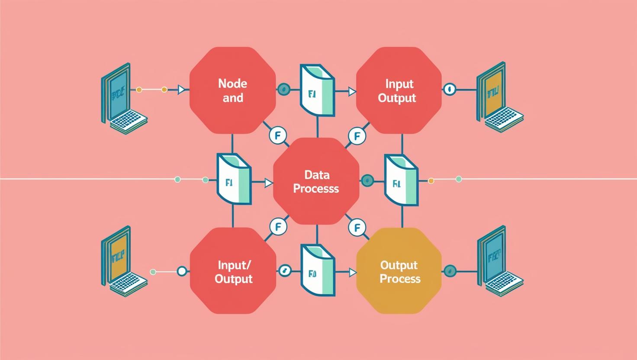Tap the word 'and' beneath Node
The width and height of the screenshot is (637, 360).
click(x=232, y=98)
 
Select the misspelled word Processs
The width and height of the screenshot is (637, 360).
click(x=316, y=189)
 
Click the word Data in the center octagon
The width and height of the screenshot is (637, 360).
click(x=317, y=175)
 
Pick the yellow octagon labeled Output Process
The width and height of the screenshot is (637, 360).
click(x=399, y=271)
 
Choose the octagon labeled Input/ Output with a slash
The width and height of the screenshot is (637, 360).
click(x=233, y=271)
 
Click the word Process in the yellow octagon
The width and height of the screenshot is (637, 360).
click(x=400, y=278)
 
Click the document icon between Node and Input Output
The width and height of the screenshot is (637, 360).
click(x=318, y=91)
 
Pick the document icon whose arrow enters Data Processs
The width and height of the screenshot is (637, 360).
click(x=234, y=178)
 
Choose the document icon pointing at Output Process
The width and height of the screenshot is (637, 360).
click(x=318, y=270)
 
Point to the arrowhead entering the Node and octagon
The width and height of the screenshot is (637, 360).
click(x=182, y=90)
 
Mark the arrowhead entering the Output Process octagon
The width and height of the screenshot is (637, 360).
click(x=352, y=272)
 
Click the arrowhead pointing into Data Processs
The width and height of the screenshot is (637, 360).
click(x=269, y=183)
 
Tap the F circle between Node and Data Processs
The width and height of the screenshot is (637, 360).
click(x=277, y=135)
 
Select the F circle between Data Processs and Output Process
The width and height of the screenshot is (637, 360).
click(x=357, y=227)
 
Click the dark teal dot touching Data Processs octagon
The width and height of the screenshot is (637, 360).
click(x=367, y=180)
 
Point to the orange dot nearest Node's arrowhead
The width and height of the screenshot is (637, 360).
click(x=164, y=90)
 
